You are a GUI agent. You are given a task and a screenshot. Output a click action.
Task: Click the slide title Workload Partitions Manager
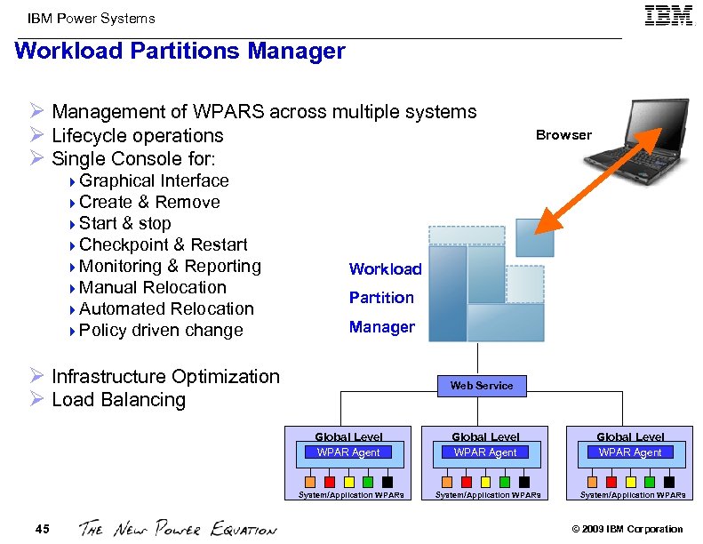point(180,52)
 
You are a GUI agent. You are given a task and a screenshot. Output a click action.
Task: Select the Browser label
point(563,135)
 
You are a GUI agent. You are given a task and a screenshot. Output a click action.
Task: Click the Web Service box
point(482,386)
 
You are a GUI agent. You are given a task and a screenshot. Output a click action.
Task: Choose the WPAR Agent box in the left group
point(348,452)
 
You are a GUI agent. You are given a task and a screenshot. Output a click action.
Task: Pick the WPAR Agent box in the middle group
point(485,452)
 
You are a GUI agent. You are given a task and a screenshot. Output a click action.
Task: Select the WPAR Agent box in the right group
point(630,452)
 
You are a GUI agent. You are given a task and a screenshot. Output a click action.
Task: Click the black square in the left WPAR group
point(387,483)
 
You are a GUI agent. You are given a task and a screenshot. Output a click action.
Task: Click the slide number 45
point(43,530)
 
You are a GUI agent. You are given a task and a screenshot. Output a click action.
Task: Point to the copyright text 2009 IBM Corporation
point(627,530)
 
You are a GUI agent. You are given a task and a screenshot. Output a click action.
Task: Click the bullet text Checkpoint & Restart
point(163,244)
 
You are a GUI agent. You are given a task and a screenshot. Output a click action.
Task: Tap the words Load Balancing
point(118,400)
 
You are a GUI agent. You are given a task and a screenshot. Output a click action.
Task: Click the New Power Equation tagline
point(178,529)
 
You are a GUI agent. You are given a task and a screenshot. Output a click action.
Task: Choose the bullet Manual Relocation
point(152,287)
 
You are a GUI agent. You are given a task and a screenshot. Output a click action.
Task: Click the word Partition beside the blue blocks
point(381,298)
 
